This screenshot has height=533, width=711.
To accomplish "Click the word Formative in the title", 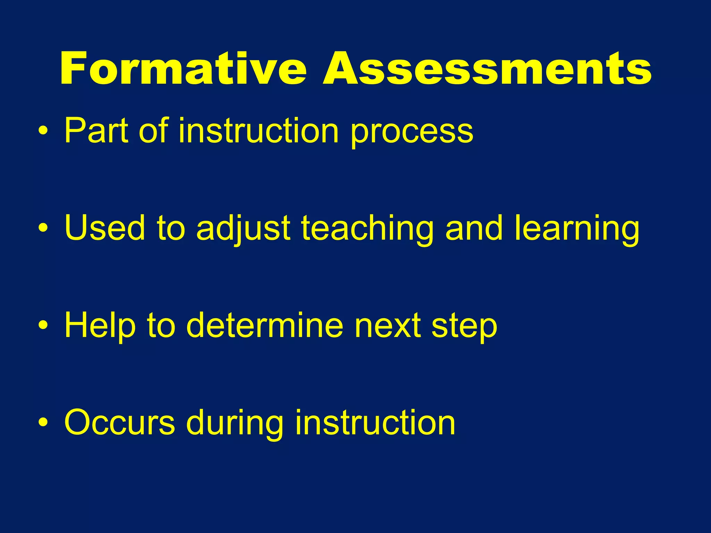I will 183,68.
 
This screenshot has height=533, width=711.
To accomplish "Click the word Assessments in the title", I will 487,68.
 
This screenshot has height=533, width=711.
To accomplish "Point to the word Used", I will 104,228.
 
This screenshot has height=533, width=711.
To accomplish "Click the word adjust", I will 243,229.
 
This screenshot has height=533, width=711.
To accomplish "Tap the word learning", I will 577,229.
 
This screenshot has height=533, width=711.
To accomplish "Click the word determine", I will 265,325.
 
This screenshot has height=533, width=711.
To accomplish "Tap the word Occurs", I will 119,423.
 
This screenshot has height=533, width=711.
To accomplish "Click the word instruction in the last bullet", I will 375,422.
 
